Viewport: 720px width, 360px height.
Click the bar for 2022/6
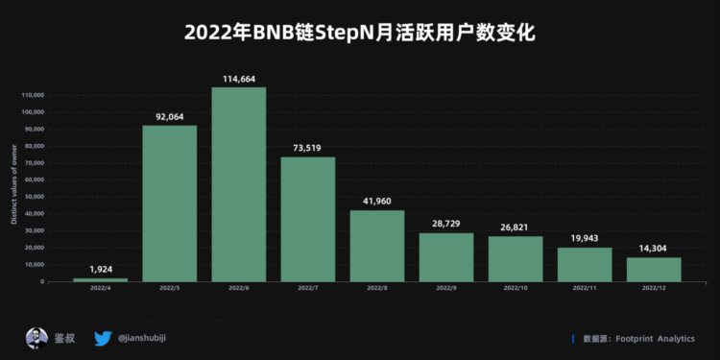[x=238, y=184]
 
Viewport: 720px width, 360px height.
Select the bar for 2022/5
[x=169, y=204]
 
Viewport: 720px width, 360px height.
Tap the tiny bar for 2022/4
[x=100, y=279]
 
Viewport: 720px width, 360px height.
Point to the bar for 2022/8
[x=376, y=246]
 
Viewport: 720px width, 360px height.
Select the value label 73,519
[x=307, y=148]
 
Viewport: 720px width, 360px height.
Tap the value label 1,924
[x=100, y=269]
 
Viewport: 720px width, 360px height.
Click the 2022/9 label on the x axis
[x=446, y=288]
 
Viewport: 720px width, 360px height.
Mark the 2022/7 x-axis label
[x=307, y=288]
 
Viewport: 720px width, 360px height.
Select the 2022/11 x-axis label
[x=585, y=288]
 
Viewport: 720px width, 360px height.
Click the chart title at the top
[x=359, y=33]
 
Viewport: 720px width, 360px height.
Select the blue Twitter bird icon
[x=104, y=338]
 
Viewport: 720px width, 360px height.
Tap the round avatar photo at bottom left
[x=36, y=338]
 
